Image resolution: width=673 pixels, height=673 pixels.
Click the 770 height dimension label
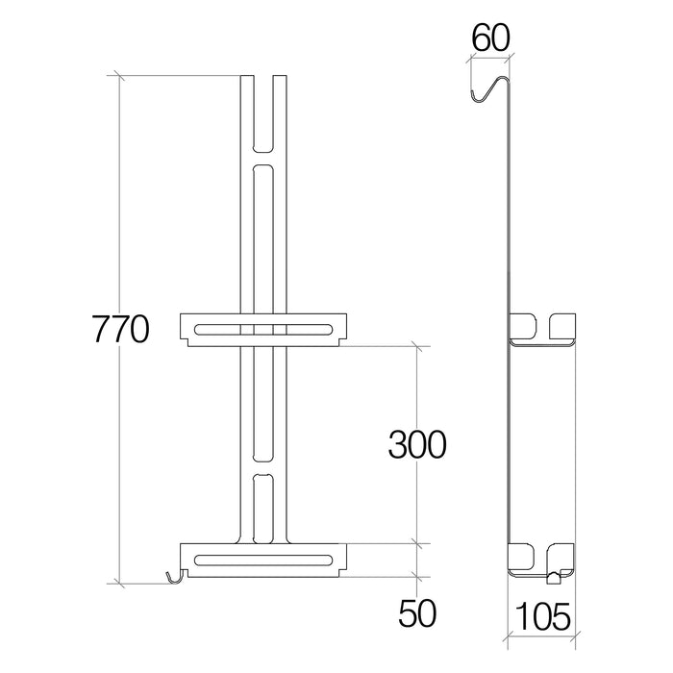121,329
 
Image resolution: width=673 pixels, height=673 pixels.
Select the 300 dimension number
417,444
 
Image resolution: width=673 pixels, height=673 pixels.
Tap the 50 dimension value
417,613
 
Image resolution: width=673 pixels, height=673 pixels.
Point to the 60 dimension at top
490,37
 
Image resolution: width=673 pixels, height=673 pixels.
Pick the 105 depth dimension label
542,616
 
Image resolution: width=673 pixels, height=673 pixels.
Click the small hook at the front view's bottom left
175,578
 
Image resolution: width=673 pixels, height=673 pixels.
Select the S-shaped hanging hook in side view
489,89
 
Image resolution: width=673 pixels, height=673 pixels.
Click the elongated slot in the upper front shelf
263,330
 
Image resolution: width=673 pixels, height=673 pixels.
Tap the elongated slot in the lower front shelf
263,560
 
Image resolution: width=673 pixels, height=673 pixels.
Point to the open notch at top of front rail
263,114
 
